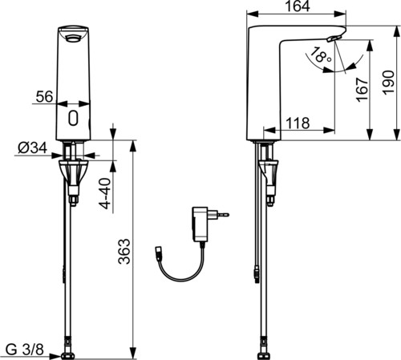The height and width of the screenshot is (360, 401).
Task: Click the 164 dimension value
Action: point(298,6)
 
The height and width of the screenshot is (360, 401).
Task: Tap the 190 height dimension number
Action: point(388,82)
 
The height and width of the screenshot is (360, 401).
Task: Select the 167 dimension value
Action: point(362,90)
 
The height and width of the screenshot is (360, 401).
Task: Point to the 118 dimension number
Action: point(298,123)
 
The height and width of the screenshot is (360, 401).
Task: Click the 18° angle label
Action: point(322,55)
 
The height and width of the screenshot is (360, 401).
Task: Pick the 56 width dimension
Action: point(44,96)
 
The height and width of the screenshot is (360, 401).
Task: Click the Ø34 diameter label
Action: point(33,148)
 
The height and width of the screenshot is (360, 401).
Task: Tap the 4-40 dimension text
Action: point(105,193)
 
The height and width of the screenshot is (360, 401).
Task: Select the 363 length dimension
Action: point(124,252)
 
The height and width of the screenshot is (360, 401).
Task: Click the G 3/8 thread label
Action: point(24,350)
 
